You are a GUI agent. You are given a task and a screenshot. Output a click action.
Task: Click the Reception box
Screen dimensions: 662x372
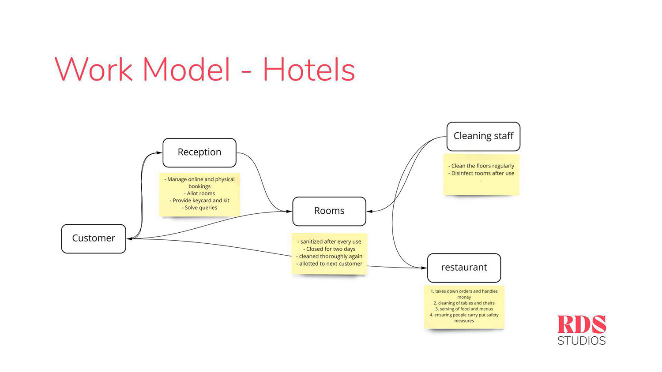click(x=199, y=153)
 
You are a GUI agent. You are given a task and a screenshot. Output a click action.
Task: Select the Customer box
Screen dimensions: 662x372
click(x=94, y=238)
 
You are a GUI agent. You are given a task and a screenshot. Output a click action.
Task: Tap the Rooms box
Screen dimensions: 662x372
click(x=329, y=212)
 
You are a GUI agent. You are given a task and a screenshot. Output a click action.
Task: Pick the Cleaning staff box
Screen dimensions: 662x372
click(x=484, y=136)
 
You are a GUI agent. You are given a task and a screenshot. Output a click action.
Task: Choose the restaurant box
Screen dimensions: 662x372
click(x=464, y=268)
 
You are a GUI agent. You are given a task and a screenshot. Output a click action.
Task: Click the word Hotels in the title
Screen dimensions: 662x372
click(x=309, y=69)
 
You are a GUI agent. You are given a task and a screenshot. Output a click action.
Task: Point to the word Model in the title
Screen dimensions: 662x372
click(x=187, y=69)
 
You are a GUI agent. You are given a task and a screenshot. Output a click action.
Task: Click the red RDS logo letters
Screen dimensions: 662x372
click(x=582, y=324)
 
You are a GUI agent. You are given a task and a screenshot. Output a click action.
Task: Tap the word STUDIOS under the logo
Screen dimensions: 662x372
click(x=582, y=340)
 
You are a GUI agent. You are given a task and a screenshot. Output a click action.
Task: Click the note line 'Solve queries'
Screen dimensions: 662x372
click(x=199, y=208)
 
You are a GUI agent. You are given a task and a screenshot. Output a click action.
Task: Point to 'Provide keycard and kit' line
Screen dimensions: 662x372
click(x=199, y=201)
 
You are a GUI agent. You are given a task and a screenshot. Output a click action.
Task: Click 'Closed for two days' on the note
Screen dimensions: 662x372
click(x=329, y=249)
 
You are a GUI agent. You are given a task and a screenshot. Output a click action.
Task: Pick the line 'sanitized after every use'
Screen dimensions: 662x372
click(x=329, y=242)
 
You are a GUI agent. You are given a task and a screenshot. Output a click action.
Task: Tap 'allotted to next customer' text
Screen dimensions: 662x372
click(x=329, y=264)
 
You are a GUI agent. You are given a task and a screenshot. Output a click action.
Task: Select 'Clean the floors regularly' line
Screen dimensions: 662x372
click(x=481, y=166)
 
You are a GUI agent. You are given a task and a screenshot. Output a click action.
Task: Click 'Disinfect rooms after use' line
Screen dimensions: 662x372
click(x=481, y=173)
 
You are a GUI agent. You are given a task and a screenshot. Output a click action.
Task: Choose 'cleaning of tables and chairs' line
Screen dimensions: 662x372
click(x=464, y=303)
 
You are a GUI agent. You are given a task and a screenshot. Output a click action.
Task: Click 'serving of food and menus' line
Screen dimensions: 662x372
click(x=464, y=309)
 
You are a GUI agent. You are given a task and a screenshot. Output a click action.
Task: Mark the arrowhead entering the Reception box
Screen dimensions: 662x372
click(x=159, y=153)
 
